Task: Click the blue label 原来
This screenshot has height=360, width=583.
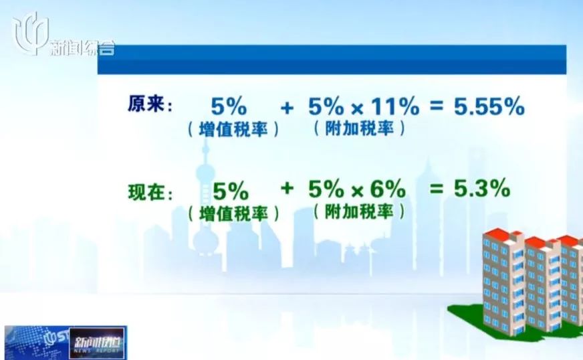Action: click(146, 104)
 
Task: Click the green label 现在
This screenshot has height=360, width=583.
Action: click(146, 192)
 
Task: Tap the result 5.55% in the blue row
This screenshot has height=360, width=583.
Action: click(489, 106)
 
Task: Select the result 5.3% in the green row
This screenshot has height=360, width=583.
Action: click(482, 188)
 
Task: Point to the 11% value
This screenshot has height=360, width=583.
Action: click(395, 106)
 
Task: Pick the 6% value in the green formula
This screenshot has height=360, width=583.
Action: click(388, 189)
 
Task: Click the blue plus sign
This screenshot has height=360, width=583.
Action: click(287, 108)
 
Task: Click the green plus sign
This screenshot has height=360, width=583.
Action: click(287, 188)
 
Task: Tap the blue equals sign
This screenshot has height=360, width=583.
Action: click(436, 106)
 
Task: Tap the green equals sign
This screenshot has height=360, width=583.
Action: click(436, 189)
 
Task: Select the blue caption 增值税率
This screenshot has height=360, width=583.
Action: click(233, 130)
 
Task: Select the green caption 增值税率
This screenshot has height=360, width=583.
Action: click(233, 213)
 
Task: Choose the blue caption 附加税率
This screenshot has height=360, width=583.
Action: click(359, 128)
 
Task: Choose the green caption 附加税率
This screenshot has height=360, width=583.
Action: click(359, 212)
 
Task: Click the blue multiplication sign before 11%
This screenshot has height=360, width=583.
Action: click(357, 108)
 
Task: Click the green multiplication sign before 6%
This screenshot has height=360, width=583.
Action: click(357, 191)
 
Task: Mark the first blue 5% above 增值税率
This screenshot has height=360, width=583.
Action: click(229, 106)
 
